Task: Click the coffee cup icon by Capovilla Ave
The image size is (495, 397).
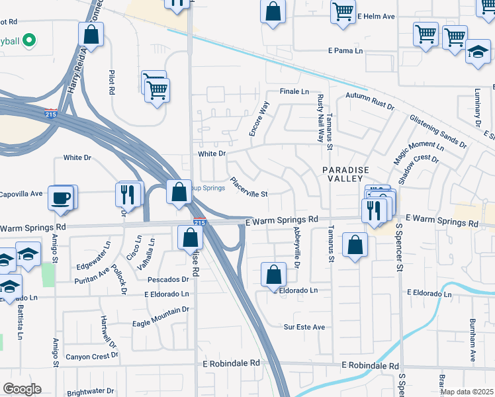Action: pos(60,198)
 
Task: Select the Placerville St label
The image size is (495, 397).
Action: pos(248,187)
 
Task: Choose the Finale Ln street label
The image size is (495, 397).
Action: pos(294,91)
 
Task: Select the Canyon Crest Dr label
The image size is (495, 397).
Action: pos(91,355)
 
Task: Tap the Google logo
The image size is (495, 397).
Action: pos(22,389)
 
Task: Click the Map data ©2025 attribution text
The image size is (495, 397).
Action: pos(467,392)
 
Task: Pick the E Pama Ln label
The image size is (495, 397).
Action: pos(346,51)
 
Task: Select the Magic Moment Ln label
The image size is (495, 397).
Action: pos(418,153)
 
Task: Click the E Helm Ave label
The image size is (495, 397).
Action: pos(375,15)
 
